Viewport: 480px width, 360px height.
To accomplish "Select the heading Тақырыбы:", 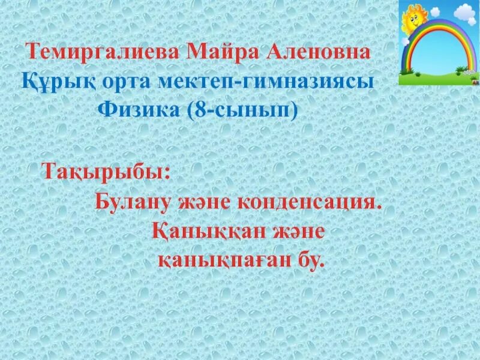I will [x=106, y=172].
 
